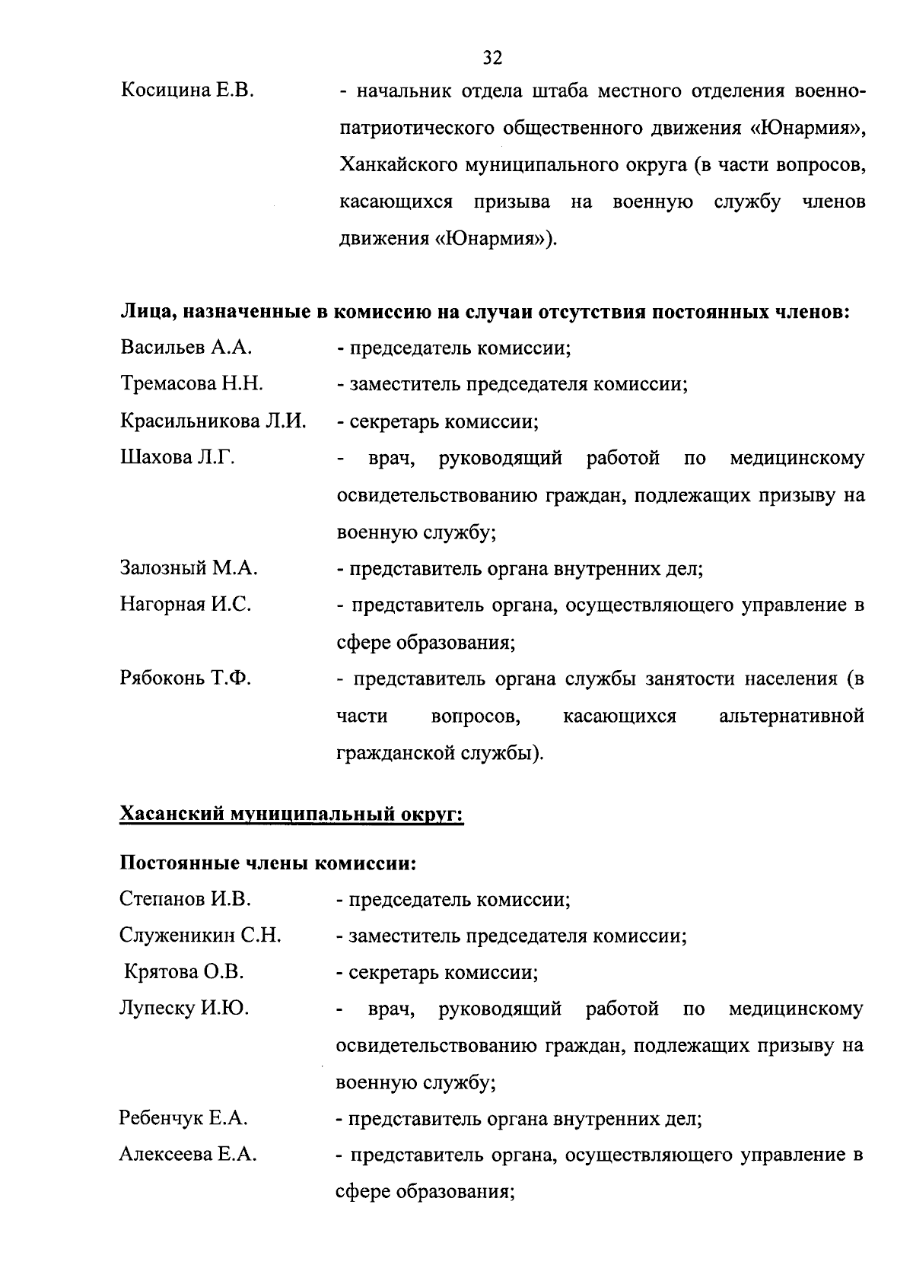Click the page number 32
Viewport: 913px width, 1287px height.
492,58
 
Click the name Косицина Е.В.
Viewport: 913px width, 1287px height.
187,91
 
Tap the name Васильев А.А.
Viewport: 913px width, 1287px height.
186,348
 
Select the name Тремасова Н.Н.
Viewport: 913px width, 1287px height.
192,384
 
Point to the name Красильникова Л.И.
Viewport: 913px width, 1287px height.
213,421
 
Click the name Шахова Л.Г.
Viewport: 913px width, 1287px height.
177,458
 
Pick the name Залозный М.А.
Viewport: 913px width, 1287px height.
189,568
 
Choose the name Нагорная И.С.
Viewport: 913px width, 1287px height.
186,605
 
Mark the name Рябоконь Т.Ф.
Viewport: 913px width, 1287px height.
186,678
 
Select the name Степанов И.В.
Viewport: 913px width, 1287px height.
185,900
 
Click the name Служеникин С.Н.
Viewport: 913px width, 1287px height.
200,936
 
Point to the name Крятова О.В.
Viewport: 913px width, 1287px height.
184,973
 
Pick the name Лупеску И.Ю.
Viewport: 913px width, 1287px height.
184,1009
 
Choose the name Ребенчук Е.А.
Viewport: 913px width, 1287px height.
183,1119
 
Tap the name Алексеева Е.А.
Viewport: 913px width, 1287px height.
188,1155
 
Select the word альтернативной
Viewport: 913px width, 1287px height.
791,716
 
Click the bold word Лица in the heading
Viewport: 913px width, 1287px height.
145,312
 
